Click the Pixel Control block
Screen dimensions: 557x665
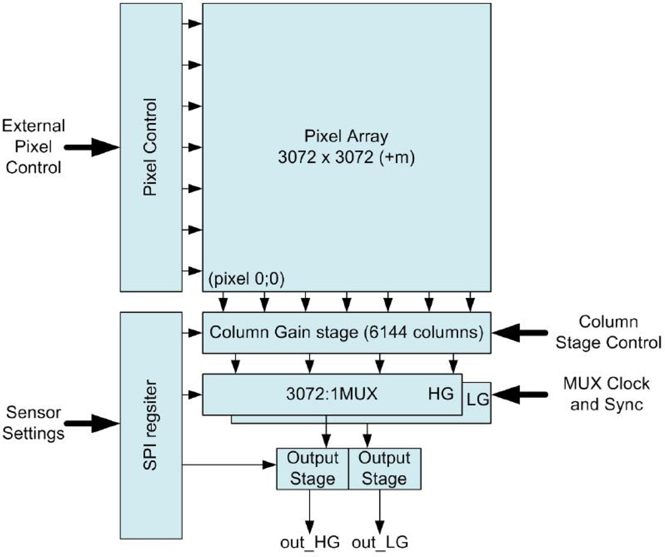tap(151, 146)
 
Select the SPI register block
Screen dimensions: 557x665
tap(151, 424)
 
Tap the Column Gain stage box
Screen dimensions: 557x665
tap(346, 333)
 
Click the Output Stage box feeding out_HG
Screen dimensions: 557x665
tap(313, 468)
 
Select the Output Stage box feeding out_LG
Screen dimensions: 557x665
tap(385, 468)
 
